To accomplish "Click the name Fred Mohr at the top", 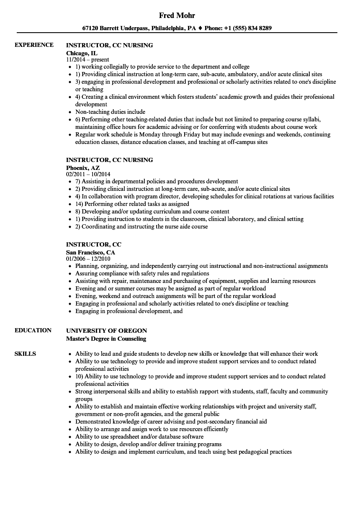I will (177, 15).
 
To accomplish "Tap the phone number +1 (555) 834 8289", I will (247, 28).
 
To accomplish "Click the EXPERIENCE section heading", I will (34, 45).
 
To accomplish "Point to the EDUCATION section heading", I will (33, 330).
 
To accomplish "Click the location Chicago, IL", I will (82, 53).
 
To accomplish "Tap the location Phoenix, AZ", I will (83, 167).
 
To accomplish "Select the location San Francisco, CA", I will (90, 252).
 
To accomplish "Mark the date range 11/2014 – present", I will (87, 59).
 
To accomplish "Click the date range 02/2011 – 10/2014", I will (88, 174).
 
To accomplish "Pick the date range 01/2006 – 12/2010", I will (88, 259).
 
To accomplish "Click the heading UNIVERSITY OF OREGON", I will (106, 331).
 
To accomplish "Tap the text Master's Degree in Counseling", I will (106, 338).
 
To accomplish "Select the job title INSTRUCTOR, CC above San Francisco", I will (94, 244).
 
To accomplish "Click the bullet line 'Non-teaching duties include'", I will (110, 112).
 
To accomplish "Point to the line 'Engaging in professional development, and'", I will (129, 311).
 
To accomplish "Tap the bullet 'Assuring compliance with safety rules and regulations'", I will (142, 273).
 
